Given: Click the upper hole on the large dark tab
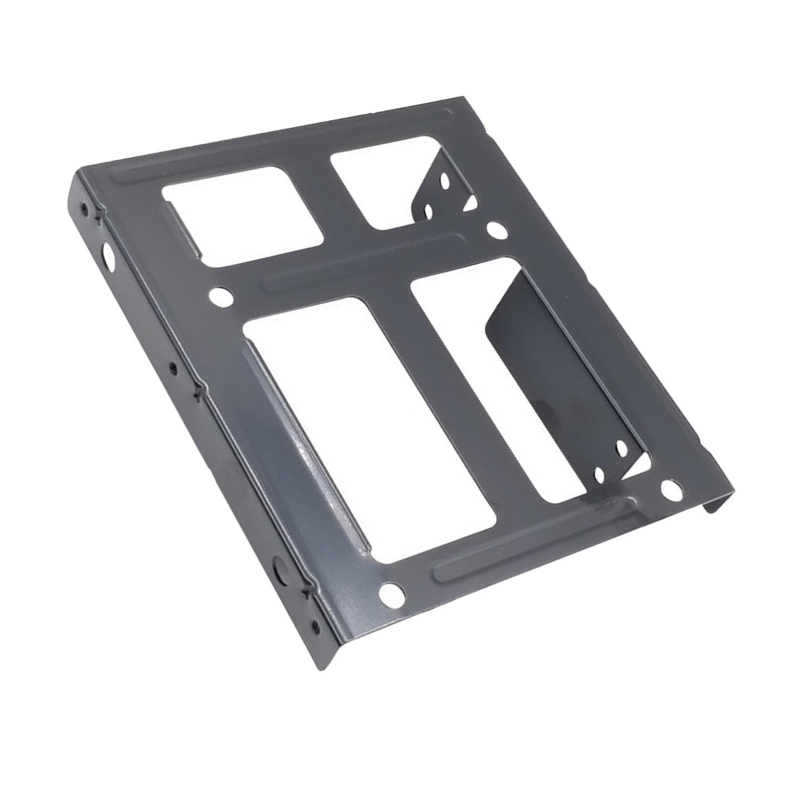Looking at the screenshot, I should tap(621, 448).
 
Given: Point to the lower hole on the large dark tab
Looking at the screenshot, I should tap(599, 474).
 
